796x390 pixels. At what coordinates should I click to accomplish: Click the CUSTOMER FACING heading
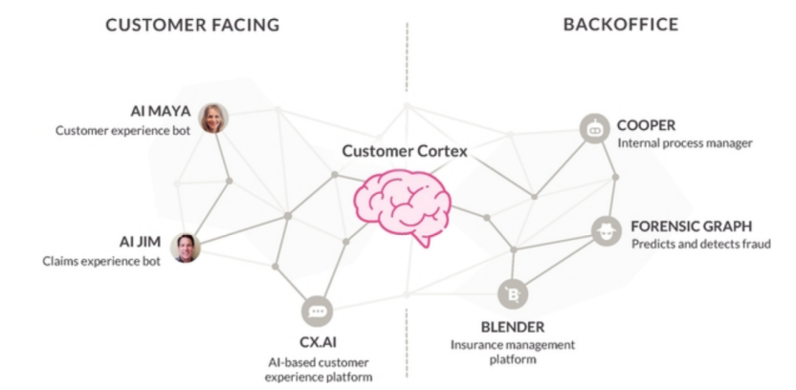[191, 25]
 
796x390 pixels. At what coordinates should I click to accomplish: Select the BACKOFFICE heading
[620, 25]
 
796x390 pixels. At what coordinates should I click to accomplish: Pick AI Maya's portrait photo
[212, 119]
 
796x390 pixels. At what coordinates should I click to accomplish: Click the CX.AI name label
[319, 342]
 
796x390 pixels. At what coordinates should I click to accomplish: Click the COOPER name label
[646, 124]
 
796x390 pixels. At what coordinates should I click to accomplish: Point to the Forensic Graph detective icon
[604, 229]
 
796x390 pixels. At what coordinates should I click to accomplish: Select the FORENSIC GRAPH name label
[691, 226]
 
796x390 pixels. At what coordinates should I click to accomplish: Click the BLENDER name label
[513, 326]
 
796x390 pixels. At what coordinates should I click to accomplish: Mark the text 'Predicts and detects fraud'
[691, 245]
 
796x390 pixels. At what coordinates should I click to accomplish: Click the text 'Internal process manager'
[685, 143]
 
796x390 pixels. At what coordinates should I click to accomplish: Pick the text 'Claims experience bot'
[100, 260]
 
